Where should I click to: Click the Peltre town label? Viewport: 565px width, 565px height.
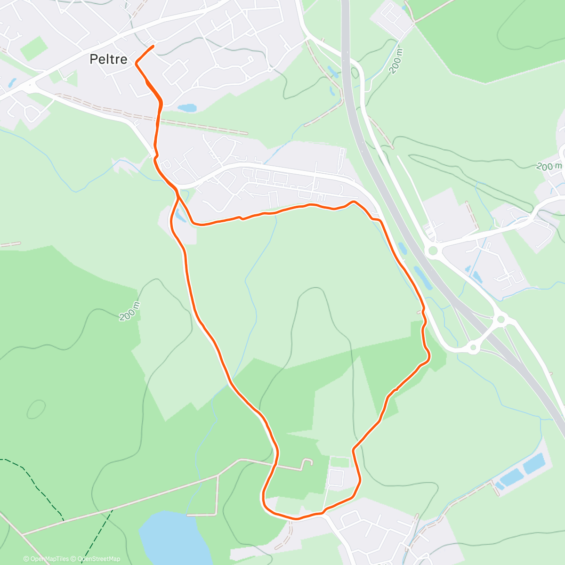point(108,59)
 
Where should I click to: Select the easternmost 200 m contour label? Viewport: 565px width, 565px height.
point(549,166)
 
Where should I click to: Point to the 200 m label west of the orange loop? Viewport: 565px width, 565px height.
point(130,311)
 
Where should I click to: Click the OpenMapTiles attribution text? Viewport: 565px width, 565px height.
point(46,559)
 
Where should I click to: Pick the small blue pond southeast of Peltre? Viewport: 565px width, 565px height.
point(187,108)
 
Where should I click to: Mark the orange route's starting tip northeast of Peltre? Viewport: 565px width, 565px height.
point(153,46)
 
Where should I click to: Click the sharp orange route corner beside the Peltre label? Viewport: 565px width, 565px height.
point(137,63)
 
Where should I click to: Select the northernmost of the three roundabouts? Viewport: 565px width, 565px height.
point(433,251)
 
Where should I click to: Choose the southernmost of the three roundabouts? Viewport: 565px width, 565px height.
point(473,348)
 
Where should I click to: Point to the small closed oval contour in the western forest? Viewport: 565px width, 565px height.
point(36,409)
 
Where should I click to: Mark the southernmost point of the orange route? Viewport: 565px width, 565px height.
point(296,519)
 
